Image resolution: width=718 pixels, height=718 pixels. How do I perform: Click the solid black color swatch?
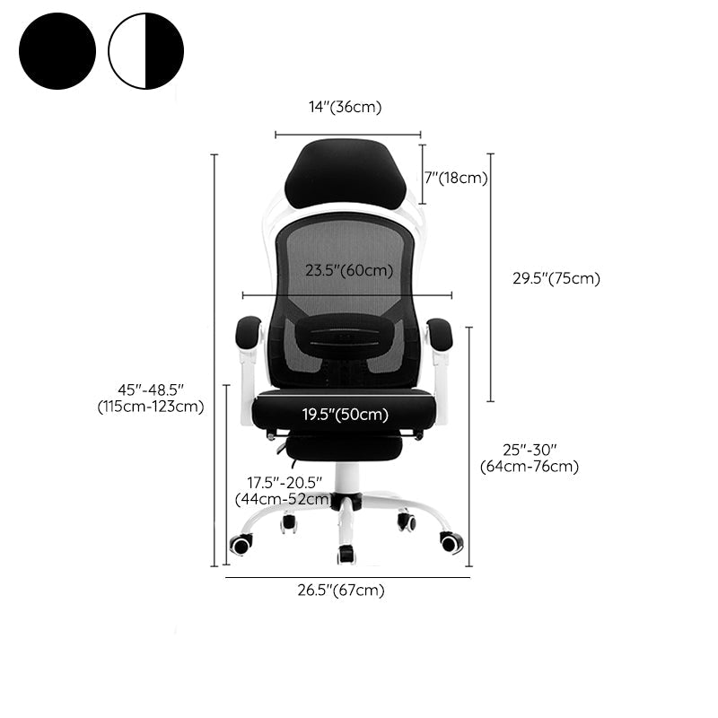pyautogui.click(x=57, y=51)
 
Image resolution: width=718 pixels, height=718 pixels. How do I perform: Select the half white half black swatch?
pyautogui.click(x=145, y=51)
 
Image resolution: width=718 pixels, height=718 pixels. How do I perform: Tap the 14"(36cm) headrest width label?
pyautogui.click(x=346, y=107)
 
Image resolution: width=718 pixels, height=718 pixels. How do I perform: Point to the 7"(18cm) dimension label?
pyautogui.click(x=457, y=178)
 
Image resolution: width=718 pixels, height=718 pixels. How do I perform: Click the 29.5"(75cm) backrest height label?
pyautogui.click(x=556, y=278)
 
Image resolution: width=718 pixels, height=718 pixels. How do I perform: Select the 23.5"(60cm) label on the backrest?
pyautogui.click(x=349, y=270)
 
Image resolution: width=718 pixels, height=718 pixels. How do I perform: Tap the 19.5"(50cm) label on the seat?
pyautogui.click(x=345, y=414)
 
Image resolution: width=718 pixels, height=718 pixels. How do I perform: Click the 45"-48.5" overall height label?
pyautogui.click(x=151, y=398)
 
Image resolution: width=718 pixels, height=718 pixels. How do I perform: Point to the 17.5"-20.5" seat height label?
pyautogui.click(x=284, y=490)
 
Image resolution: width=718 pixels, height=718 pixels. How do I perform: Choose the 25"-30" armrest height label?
pyautogui.click(x=530, y=457)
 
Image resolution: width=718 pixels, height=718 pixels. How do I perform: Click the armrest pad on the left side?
pyautogui.click(x=249, y=333)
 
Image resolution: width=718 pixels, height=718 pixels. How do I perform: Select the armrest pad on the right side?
pyautogui.click(x=440, y=333)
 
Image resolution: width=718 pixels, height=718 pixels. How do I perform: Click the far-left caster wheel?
pyautogui.click(x=241, y=544)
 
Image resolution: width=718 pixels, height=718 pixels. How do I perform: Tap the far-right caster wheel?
pyautogui.click(x=451, y=542)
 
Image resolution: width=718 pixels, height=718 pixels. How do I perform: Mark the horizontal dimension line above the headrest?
pyautogui.click(x=347, y=135)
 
